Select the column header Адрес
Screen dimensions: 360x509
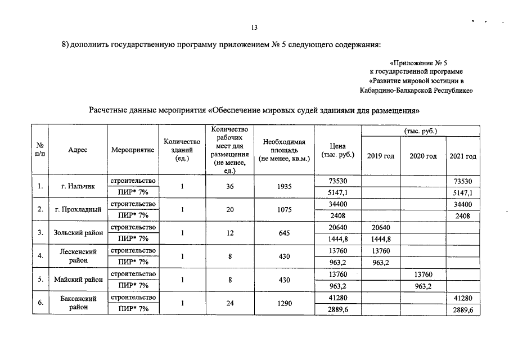click(x=77, y=151)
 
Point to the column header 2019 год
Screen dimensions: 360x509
click(x=381, y=156)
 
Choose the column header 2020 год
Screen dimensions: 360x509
click(x=423, y=156)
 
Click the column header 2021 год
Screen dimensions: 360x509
click(x=463, y=156)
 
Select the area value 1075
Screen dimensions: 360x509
click(x=284, y=210)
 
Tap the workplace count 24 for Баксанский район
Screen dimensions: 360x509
click(x=229, y=303)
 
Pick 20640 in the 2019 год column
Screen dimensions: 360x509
click(x=381, y=227)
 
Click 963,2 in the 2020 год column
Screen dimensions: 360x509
click(x=423, y=286)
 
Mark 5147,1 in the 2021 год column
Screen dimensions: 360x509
click(x=463, y=192)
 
